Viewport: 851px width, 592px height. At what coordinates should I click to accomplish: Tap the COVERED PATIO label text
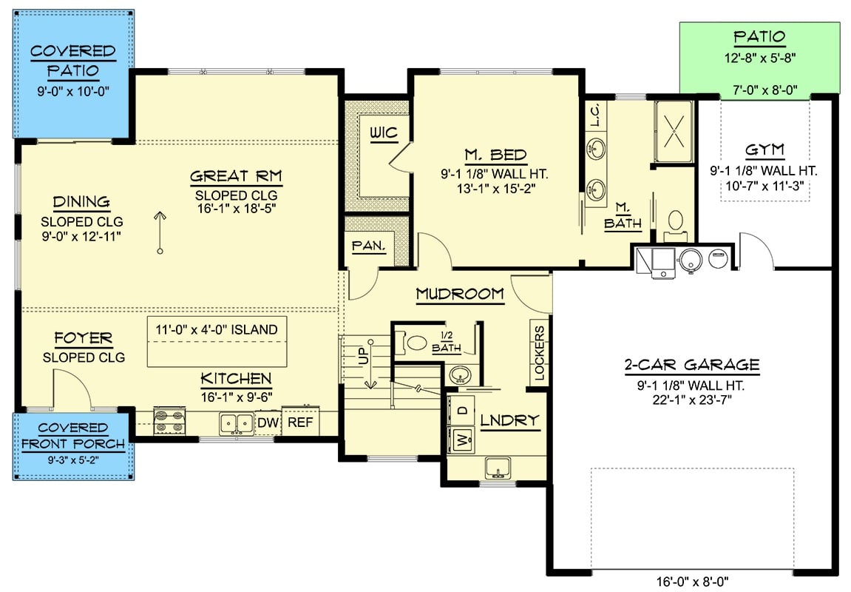coord(72,61)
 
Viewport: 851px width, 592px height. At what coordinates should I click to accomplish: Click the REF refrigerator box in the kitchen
coord(299,422)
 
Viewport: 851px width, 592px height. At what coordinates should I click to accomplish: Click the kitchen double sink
coord(236,423)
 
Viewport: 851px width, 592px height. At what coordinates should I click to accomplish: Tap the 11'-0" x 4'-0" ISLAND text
coord(217,329)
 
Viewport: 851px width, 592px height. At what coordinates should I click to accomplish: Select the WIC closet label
coord(384,133)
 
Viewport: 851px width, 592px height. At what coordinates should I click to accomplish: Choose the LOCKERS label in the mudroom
coord(539,354)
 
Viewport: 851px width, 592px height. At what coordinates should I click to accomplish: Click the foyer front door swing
coord(70,388)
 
